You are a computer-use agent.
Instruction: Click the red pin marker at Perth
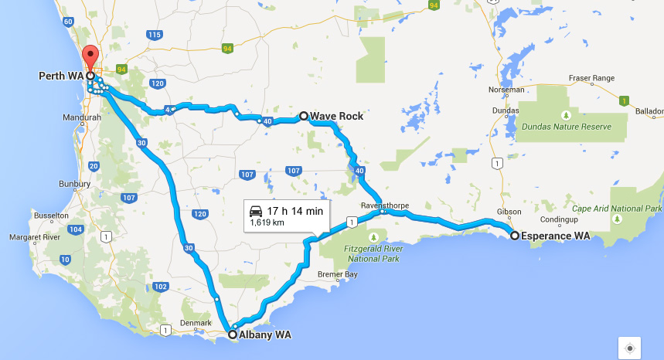coord(91,58)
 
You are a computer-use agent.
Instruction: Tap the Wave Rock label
coord(336,116)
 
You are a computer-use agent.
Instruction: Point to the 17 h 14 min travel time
coord(295,211)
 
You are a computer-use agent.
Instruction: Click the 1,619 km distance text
coord(267,223)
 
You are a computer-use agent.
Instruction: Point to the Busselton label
coord(49,218)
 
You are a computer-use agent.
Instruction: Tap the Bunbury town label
coord(75,185)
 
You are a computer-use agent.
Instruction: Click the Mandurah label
coord(82,118)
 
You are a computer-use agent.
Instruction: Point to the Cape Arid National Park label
coord(617,209)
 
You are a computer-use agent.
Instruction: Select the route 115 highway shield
coord(155,34)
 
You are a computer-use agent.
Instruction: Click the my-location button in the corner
coord(630,348)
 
